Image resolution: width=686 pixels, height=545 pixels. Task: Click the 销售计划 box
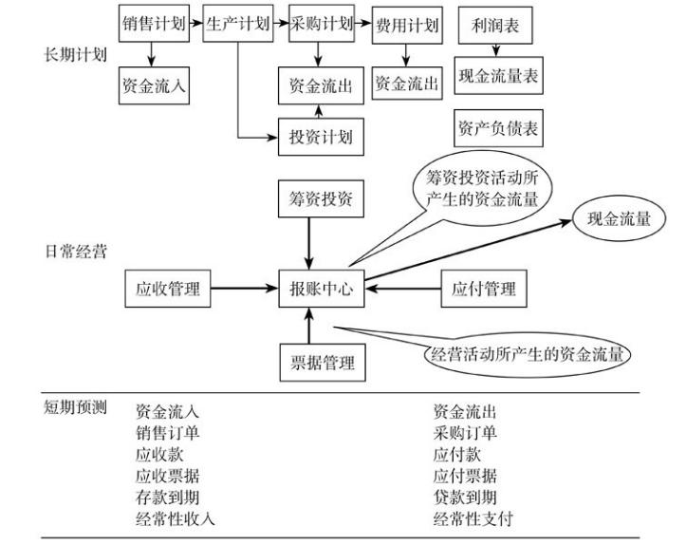pyautogui.click(x=154, y=25)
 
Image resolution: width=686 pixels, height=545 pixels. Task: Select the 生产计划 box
pyautogui.click(x=237, y=25)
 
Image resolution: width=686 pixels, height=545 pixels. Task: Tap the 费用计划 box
pyautogui.click(x=407, y=25)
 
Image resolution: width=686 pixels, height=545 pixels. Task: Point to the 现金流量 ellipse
pyautogui.click(x=620, y=219)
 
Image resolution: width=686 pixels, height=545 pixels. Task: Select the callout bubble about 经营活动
pyautogui.click(x=528, y=356)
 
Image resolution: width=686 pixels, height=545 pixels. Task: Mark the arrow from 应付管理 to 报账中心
pyautogui.click(x=403, y=284)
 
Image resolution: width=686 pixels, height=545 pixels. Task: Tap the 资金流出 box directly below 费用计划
pyautogui.click(x=407, y=84)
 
